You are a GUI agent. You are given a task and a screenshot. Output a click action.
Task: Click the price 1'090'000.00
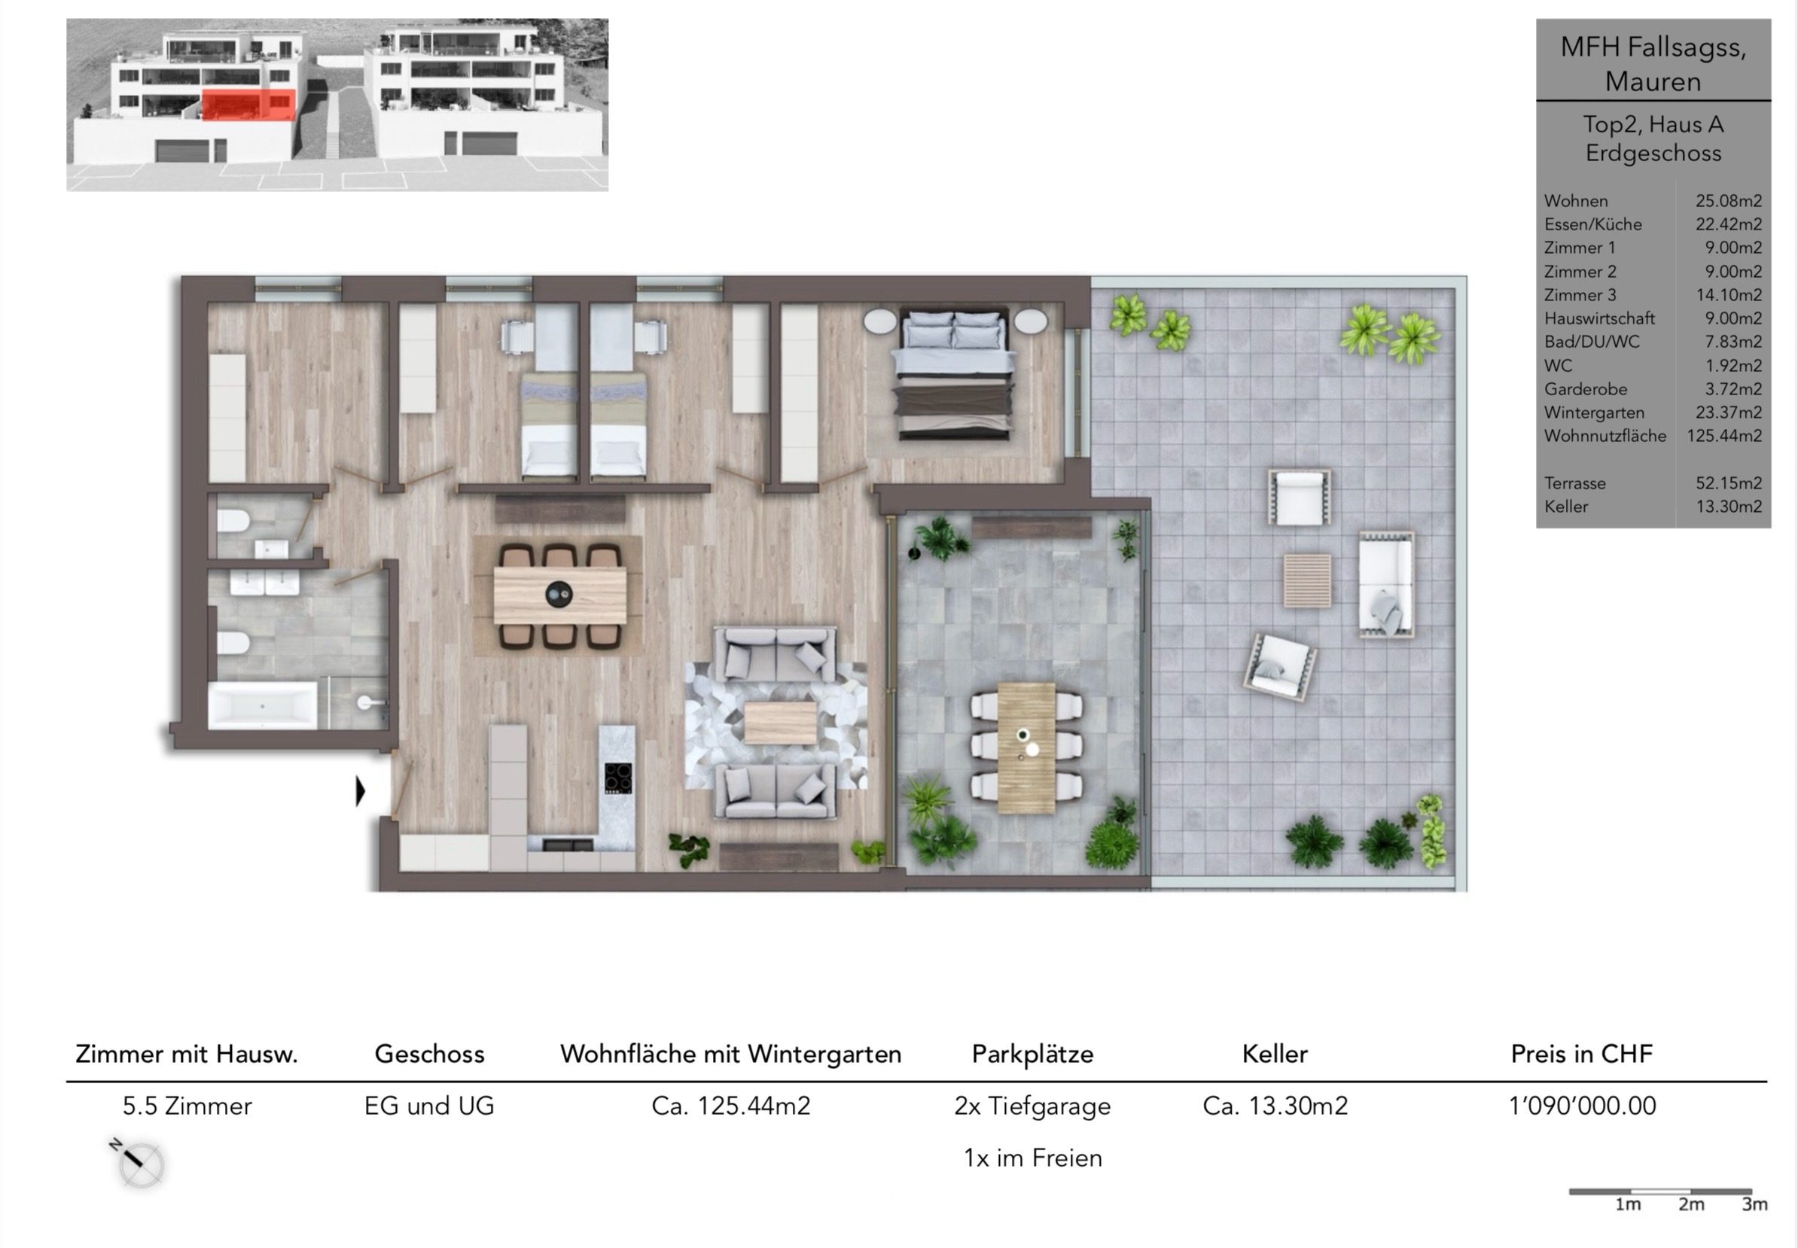(x=1581, y=1106)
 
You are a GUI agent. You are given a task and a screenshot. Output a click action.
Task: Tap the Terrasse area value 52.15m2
(x=1729, y=483)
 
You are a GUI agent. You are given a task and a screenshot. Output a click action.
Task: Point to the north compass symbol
(x=139, y=1163)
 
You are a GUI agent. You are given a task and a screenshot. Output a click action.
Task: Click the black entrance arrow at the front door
(x=361, y=791)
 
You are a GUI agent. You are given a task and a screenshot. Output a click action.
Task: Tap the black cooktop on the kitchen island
(x=617, y=778)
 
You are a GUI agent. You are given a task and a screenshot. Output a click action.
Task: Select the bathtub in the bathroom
(x=263, y=706)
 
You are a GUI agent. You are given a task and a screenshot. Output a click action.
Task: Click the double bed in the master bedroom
(x=954, y=373)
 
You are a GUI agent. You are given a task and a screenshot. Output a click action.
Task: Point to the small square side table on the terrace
(x=1308, y=580)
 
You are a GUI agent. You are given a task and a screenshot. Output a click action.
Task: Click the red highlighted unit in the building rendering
(x=248, y=105)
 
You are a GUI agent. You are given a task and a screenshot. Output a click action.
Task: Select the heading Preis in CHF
(x=1581, y=1054)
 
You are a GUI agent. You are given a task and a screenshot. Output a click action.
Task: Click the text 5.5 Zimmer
(x=187, y=1106)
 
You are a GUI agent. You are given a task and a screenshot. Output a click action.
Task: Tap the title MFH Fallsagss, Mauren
(x=1653, y=64)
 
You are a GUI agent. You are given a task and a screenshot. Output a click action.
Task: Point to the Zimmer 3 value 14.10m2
(x=1729, y=296)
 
